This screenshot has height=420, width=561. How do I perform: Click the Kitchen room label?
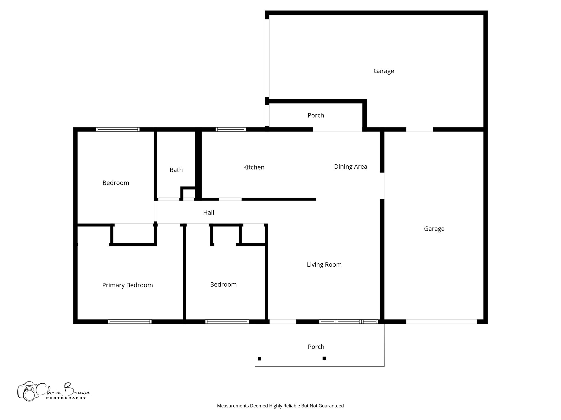[254, 167]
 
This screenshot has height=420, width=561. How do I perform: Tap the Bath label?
[176, 170]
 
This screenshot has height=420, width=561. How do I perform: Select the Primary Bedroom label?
[127, 285]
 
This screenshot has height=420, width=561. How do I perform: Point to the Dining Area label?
[350, 167]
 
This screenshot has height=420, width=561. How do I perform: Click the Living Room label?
[324, 265]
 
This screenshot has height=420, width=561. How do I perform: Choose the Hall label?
[208, 212]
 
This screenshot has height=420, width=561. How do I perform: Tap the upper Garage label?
[383, 71]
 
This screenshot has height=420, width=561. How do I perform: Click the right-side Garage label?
[434, 229]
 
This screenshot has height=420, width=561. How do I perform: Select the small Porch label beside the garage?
[316, 115]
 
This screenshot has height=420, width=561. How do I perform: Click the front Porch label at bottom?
[316, 347]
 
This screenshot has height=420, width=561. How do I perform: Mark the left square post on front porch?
[260, 359]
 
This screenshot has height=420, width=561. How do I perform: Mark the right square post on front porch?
[324, 358]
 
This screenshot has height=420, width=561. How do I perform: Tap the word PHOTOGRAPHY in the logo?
[66, 398]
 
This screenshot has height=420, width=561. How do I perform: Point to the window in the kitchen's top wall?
[230, 130]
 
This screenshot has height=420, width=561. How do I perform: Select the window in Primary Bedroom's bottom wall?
[130, 322]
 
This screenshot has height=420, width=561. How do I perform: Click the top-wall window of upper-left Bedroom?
[118, 130]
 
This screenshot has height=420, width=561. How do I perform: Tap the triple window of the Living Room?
[349, 322]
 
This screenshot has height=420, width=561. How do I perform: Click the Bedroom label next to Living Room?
[223, 285]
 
